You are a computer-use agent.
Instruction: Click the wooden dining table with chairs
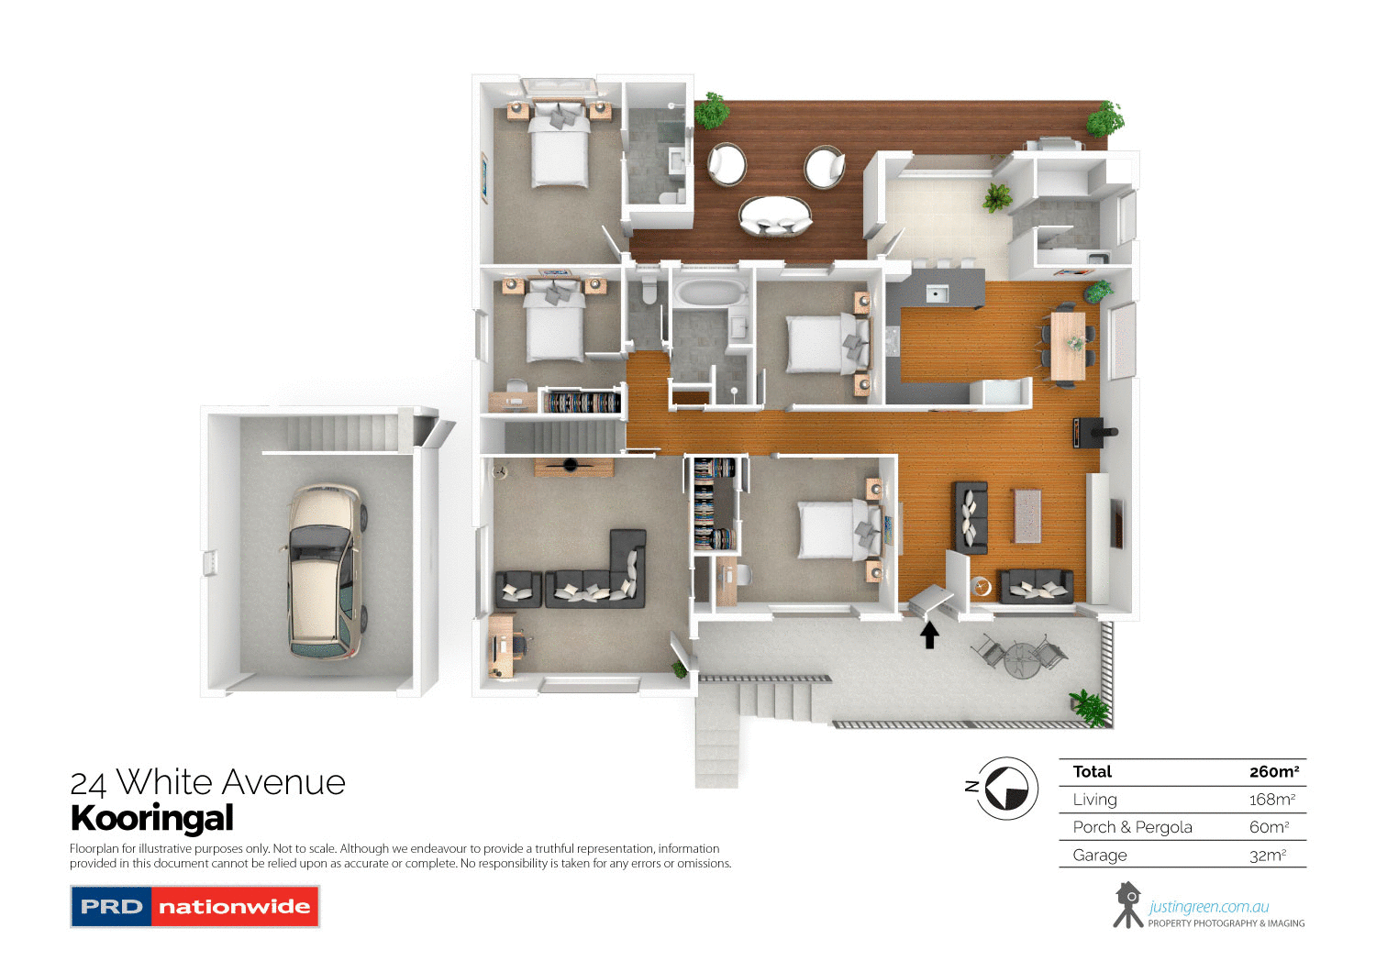tap(1068, 346)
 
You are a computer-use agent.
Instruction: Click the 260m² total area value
tap(1273, 772)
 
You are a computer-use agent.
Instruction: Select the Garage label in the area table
tap(1100, 856)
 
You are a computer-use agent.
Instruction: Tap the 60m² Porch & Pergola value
tap(1269, 827)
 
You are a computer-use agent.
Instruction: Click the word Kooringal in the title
tap(152, 818)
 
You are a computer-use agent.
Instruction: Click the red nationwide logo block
tap(234, 907)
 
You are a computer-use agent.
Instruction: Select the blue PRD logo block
tap(112, 907)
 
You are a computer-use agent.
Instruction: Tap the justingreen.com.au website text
tap(1209, 907)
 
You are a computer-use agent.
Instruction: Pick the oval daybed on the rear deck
tap(775, 216)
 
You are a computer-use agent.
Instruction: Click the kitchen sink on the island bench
tap(937, 293)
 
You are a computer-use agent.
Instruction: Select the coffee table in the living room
tap(1027, 515)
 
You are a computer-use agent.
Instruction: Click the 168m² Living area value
tap(1271, 800)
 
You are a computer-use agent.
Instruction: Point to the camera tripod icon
tap(1127, 905)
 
